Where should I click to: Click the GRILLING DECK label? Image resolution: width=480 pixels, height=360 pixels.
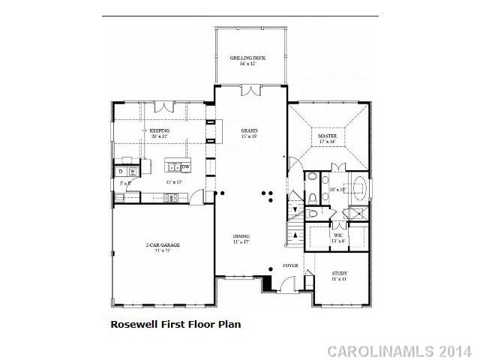[x=248, y=58]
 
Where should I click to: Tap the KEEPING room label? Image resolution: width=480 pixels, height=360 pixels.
[x=159, y=130]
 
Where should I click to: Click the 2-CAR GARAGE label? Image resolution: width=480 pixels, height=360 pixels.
[x=163, y=245]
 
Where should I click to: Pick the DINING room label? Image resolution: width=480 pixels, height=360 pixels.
[x=241, y=237]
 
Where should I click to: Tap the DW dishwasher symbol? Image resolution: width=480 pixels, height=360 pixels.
[x=185, y=166]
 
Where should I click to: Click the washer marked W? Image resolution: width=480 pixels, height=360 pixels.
[x=132, y=172]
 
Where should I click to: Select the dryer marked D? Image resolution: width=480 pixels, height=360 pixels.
[x=119, y=172]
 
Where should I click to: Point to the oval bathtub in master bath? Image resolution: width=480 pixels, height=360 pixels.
[x=355, y=186]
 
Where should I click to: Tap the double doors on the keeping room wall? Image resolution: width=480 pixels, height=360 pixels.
[x=163, y=112]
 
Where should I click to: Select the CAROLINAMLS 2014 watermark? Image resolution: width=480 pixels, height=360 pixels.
[x=400, y=350]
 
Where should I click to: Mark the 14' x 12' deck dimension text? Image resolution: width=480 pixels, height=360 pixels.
[x=248, y=64]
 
